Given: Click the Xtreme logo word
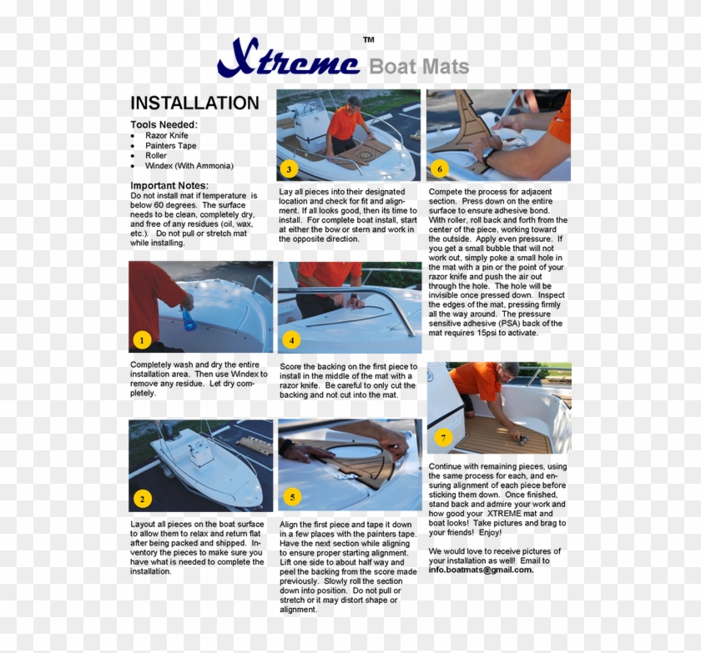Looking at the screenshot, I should [288, 62].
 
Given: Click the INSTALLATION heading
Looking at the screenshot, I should [194, 103].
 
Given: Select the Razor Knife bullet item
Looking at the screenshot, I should [166, 135].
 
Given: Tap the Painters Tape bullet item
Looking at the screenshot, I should [170, 145].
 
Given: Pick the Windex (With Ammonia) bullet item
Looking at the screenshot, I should [189, 166].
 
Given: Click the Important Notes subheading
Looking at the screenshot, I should [169, 185].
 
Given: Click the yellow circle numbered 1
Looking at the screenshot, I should [142, 339].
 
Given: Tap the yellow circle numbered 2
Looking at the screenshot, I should [142, 499].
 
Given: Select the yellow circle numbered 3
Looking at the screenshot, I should [289, 169].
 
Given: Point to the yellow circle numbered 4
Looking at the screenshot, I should [290, 339].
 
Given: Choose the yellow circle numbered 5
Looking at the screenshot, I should [290, 498].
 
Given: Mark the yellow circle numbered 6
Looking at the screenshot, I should [439, 169].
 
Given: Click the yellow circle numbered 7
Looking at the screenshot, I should [443, 437].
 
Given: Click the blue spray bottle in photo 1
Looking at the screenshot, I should [189, 317].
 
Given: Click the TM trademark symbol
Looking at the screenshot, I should [368, 40].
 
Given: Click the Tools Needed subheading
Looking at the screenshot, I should [164, 124].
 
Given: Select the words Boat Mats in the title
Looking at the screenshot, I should [419, 67].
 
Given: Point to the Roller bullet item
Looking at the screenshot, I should [155, 155].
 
